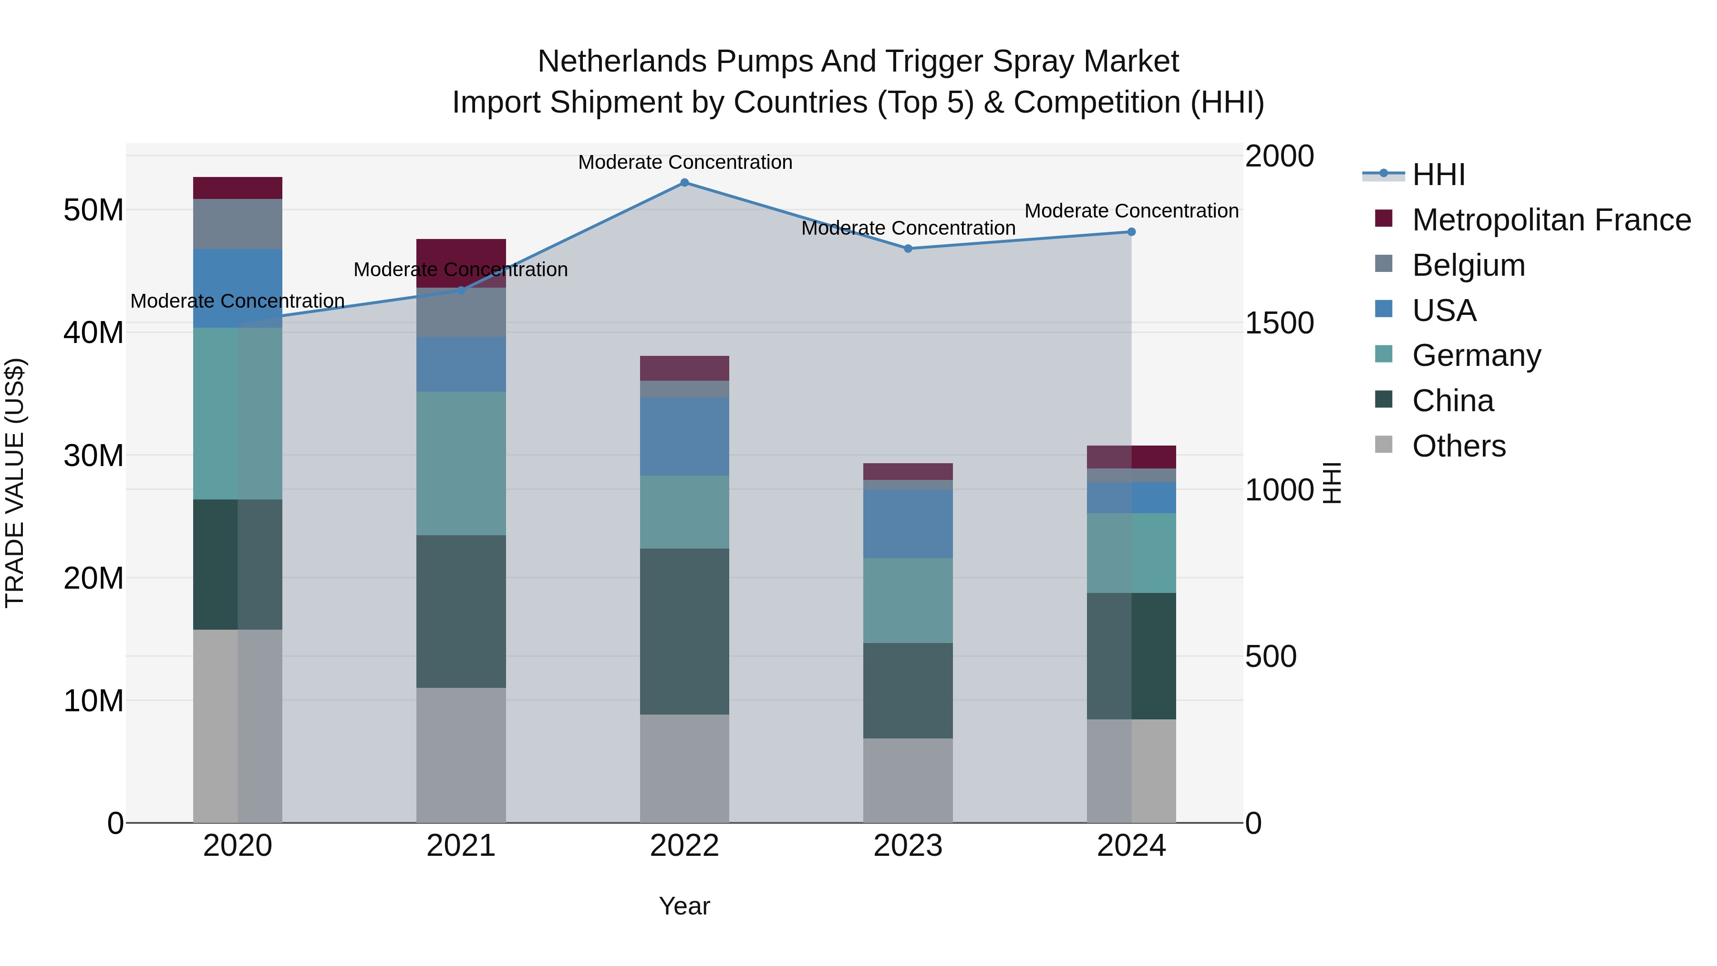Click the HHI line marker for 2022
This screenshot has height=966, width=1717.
[684, 183]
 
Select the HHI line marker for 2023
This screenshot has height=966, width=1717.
[908, 249]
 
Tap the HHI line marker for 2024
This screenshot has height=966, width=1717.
[1131, 232]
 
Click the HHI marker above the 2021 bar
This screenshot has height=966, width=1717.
[461, 291]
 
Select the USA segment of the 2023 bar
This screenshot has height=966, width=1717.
[908, 523]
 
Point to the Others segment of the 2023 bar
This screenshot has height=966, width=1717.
[908, 780]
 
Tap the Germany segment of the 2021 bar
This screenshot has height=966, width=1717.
[461, 463]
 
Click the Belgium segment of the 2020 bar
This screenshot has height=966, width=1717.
[238, 224]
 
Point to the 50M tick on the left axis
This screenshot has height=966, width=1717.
[93, 210]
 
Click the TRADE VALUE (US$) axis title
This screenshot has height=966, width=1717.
[15, 483]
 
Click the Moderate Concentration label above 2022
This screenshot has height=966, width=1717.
[684, 162]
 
